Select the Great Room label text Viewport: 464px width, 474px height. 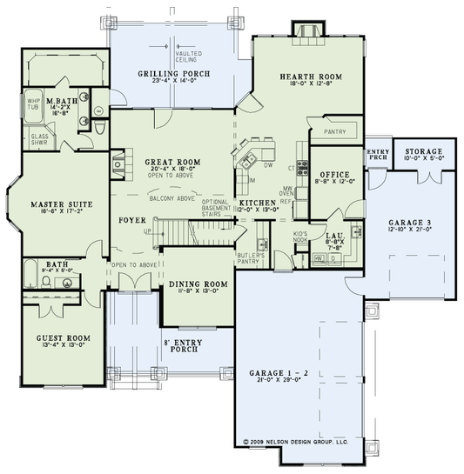[x=171, y=162]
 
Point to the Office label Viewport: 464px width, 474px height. [x=334, y=174]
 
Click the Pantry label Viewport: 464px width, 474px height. [x=335, y=132]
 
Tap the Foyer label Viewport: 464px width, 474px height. [x=132, y=220]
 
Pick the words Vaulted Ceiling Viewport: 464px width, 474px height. [x=189, y=57]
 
